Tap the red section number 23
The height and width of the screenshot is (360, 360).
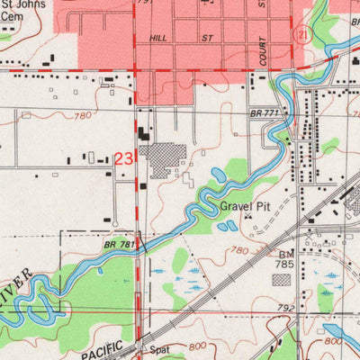pos(125,158)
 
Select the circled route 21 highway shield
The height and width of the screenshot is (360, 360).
pos(304,33)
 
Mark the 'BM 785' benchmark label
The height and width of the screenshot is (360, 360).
pos(284,260)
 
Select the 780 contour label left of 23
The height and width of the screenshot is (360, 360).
pos(83,116)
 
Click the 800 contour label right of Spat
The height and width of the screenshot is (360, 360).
pos(196,346)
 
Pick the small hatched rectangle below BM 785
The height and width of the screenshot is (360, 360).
pos(283,280)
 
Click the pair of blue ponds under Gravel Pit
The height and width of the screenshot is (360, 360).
pos(227,225)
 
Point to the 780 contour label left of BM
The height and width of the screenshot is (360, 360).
pos(239,250)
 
